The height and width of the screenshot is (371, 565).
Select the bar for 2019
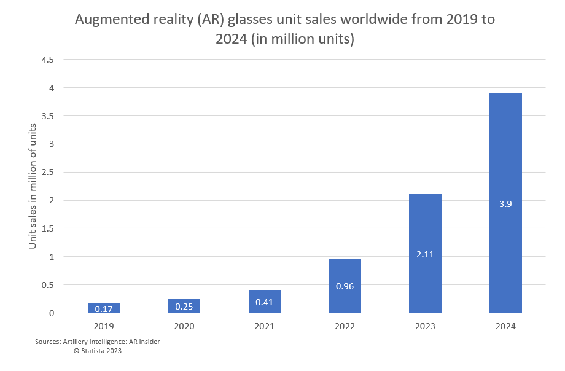pyautogui.click(x=104, y=308)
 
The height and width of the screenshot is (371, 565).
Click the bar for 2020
pyautogui.click(x=184, y=306)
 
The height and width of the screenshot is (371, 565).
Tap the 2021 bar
pyautogui.click(x=264, y=301)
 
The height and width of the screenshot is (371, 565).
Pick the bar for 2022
pyautogui.click(x=345, y=286)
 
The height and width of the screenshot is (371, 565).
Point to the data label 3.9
pyautogui.click(x=505, y=204)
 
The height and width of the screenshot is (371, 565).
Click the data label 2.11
pyautogui.click(x=425, y=254)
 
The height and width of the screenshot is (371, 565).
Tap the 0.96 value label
pyautogui.click(x=345, y=286)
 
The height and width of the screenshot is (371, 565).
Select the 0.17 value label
pyautogui.click(x=104, y=308)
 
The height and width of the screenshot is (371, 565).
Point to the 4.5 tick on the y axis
pyautogui.click(x=48, y=60)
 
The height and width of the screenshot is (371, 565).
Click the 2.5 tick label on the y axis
pyautogui.click(x=48, y=173)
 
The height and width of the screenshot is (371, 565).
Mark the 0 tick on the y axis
pyautogui.click(x=52, y=313)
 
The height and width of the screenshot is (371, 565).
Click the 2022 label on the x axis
pyautogui.click(x=345, y=326)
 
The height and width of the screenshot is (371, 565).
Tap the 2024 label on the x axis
pyautogui.click(x=505, y=326)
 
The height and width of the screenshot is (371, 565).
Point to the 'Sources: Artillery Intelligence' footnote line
pyautogui.click(x=98, y=342)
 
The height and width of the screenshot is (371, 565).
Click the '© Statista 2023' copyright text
pyautogui.click(x=97, y=351)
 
